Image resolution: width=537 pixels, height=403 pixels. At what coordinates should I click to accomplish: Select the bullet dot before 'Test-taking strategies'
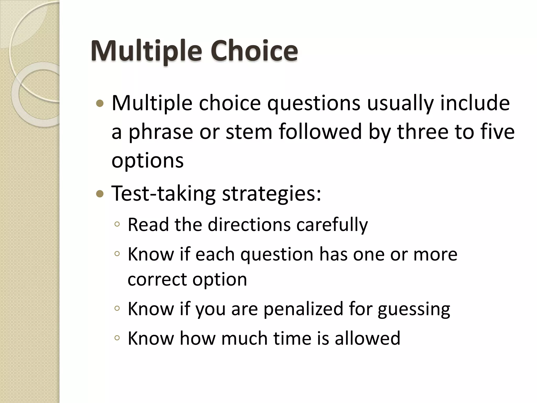click(x=100, y=194)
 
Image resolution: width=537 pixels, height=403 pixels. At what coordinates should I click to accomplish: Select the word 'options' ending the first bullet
click(x=148, y=161)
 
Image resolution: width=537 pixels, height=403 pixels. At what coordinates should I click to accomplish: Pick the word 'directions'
click(x=249, y=225)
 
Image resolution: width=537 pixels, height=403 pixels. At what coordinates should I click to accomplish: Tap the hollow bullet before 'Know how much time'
click(x=117, y=338)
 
